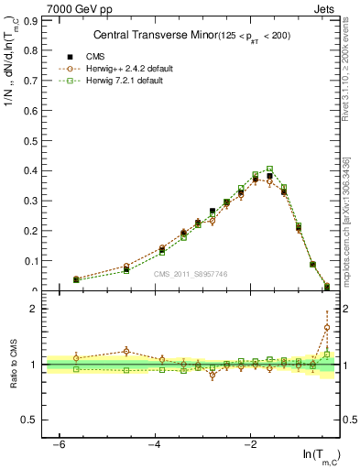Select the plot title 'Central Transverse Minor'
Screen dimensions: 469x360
154,36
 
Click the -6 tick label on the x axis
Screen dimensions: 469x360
59,444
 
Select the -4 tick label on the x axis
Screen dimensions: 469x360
154,444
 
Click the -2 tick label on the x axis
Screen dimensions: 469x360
250,444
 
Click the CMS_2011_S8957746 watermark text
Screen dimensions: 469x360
191,274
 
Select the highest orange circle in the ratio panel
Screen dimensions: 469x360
327,327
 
